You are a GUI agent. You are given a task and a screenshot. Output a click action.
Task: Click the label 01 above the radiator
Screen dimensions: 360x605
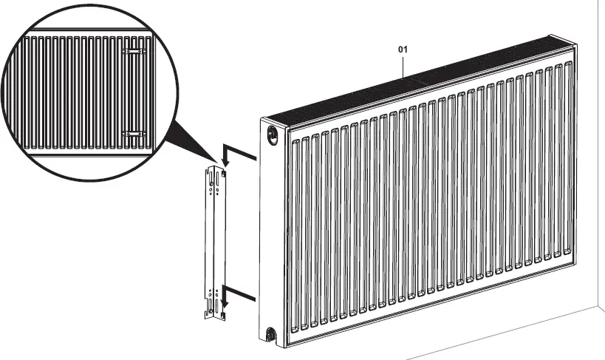[403, 50]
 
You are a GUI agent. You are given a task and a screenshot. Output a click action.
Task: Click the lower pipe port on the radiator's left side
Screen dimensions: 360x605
[271, 334]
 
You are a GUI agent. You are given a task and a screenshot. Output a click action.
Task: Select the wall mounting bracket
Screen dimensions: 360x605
[214, 244]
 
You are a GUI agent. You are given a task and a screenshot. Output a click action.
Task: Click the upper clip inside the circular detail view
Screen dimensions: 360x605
[133, 51]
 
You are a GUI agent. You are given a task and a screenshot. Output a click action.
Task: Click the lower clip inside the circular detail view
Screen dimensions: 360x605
[133, 133]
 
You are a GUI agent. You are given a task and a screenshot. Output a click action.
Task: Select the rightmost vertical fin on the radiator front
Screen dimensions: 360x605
[567, 159]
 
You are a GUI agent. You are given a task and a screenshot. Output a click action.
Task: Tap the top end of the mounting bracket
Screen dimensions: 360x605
[213, 170]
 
